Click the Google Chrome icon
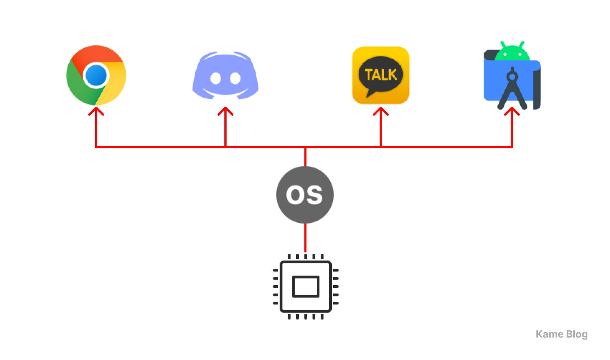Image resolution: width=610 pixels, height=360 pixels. [96, 75]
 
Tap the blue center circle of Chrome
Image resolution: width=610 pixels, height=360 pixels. [96, 75]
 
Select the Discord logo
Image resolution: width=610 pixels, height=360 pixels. [225, 75]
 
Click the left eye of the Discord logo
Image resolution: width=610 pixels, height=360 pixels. [215, 78]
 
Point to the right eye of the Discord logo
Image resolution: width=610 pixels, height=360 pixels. [235, 78]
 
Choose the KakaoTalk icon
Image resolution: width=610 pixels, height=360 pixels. [381, 75]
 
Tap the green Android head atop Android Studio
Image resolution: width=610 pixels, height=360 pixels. [512, 52]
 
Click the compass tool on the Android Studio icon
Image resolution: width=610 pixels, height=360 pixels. [512, 88]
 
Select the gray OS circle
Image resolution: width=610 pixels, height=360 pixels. [305, 195]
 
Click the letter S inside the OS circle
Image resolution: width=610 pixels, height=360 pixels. [315, 195]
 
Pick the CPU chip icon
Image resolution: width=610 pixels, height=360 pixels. [306, 286]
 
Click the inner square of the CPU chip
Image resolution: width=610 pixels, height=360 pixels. [306, 286]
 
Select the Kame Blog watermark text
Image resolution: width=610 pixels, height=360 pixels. [562, 334]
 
